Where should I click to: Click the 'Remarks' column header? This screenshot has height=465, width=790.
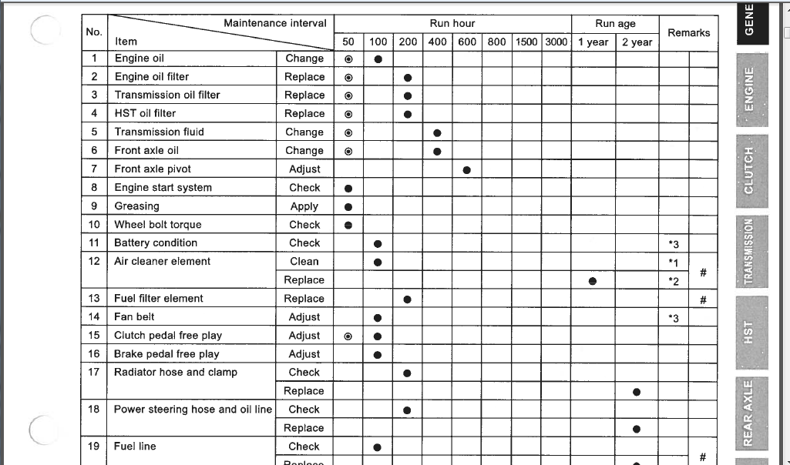pyautogui.click(x=688, y=32)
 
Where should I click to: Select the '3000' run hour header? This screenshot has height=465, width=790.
pyautogui.click(x=556, y=42)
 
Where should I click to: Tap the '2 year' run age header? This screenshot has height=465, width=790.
pyautogui.click(x=637, y=42)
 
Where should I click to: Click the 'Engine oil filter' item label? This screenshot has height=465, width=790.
pyautogui.click(x=152, y=77)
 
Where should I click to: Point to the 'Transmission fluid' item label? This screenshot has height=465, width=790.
pyautogui.click(x=160, y=132)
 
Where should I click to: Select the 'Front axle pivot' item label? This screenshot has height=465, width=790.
pyautogui.click(x=153, y=169)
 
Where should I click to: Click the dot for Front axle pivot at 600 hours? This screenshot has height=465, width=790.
pyautogui.click(x=467, y=169)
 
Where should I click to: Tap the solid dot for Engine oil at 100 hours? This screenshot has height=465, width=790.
pyautogui.click(x=378, y=59)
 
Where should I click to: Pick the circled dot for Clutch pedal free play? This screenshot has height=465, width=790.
pyautogui.click(x=348, y=336)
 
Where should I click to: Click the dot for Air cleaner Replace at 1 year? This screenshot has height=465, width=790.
pyautogui.click(x=593, y=281)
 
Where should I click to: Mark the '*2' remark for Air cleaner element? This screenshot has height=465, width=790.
pyautogui.click(x=674, y=281)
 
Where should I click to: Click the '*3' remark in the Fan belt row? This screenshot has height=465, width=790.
pyautogui.click(x=674, y=318)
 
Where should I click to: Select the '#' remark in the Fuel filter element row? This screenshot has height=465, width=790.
pyautogui.click(x=703, y=300)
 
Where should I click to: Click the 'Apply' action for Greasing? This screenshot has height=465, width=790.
pyautogui.click(x=304, y=206)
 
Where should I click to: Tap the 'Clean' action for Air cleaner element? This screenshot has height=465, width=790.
pyautogui.click(x=304, y=262)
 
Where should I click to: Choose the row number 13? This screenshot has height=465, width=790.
pyautogui.click(x=94, y=299)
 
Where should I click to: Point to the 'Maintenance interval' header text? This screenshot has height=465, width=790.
pyautogui.click(x=274, y=23)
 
